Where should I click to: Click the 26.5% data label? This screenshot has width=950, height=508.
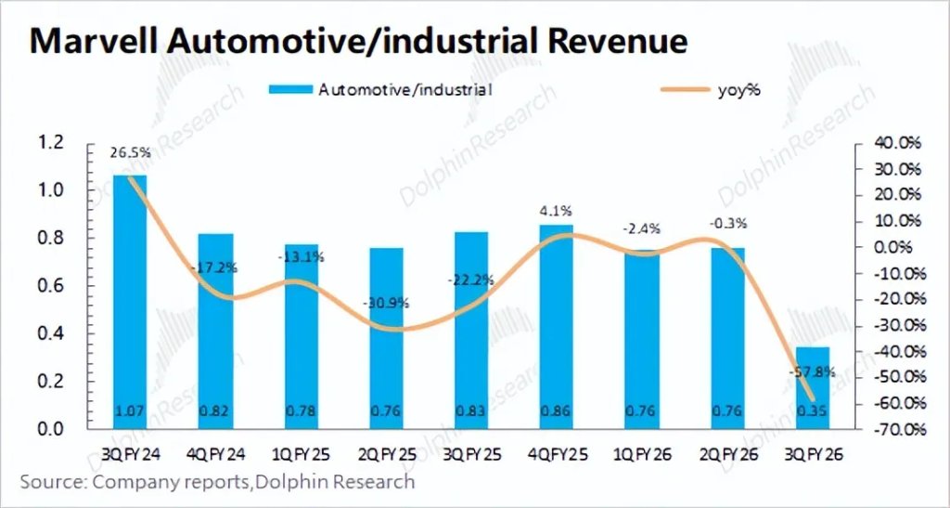click(130, 153)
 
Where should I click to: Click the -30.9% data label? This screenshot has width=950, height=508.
click(386, 303)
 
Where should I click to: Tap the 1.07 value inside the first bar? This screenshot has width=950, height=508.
click(130, 412)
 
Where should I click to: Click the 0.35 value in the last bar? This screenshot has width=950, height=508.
click(814, 412)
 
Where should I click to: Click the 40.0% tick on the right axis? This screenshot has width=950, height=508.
click(898, 143)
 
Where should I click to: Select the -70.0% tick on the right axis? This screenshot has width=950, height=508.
click(896, 429)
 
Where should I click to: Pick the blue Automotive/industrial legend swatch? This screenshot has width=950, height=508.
click(291, 90)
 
